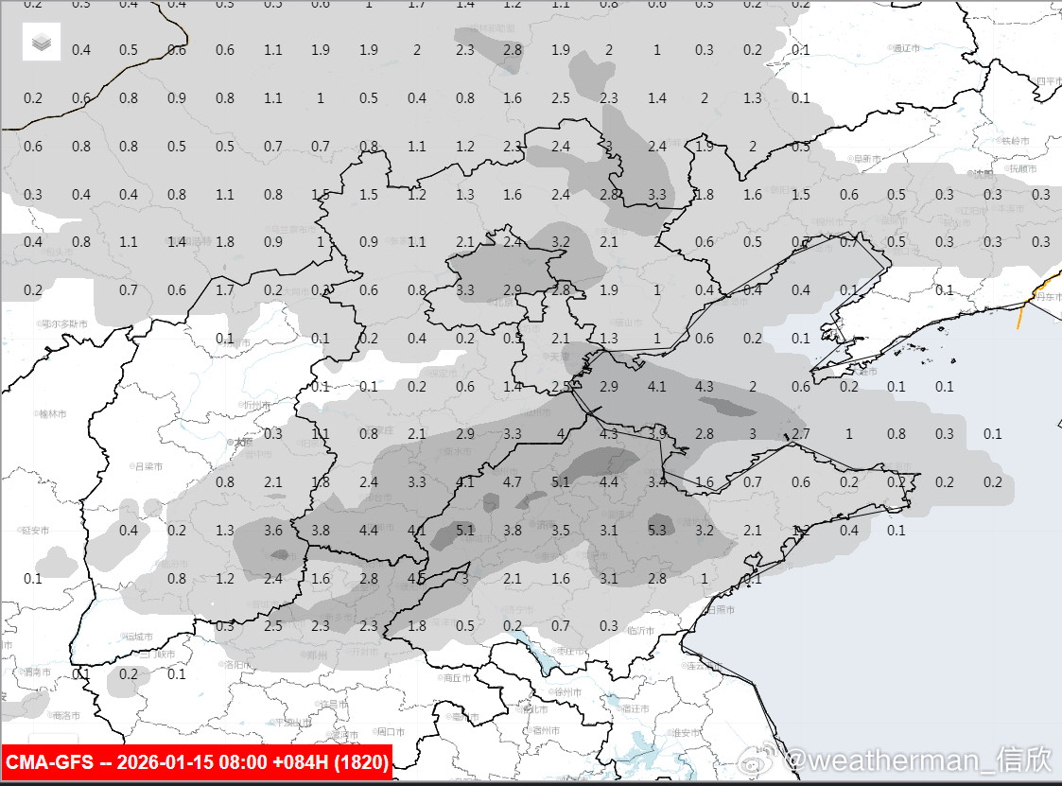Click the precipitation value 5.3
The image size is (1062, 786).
coord(658,530)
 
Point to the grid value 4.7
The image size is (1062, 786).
coord(513,481)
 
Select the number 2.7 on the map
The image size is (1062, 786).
coord(801,433)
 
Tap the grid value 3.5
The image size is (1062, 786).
coord(561,530)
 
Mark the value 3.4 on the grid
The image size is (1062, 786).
coord(657,481)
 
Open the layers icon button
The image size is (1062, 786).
coord(42,42)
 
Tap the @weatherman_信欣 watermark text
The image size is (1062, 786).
coord(918,759)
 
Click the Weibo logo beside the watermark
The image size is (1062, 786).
coord(760,759)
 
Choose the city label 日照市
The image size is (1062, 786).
coord(723,610)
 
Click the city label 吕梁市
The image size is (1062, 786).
coord(148,466)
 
